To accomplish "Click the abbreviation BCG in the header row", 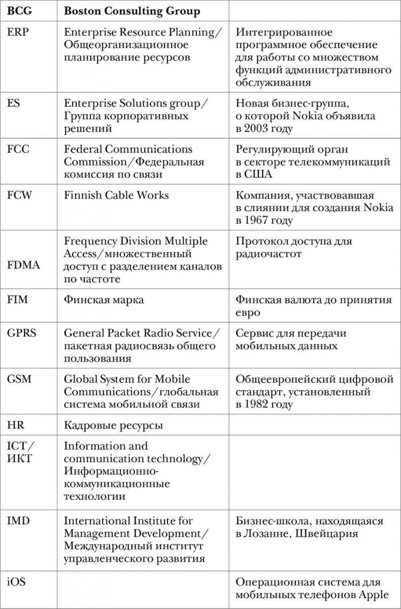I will click(x=18, y=11).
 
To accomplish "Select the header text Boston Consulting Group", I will click(x=132, y=11).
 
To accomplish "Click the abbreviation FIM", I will click(x=18, y=300).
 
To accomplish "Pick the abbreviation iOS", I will click(x=16, y=582).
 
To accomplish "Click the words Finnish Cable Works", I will click(x=116, y=195).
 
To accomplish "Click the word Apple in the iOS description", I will click(x=374, y=595).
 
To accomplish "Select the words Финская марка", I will click(x=104, y=300).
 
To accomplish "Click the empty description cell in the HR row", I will click(x=314, y=425).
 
